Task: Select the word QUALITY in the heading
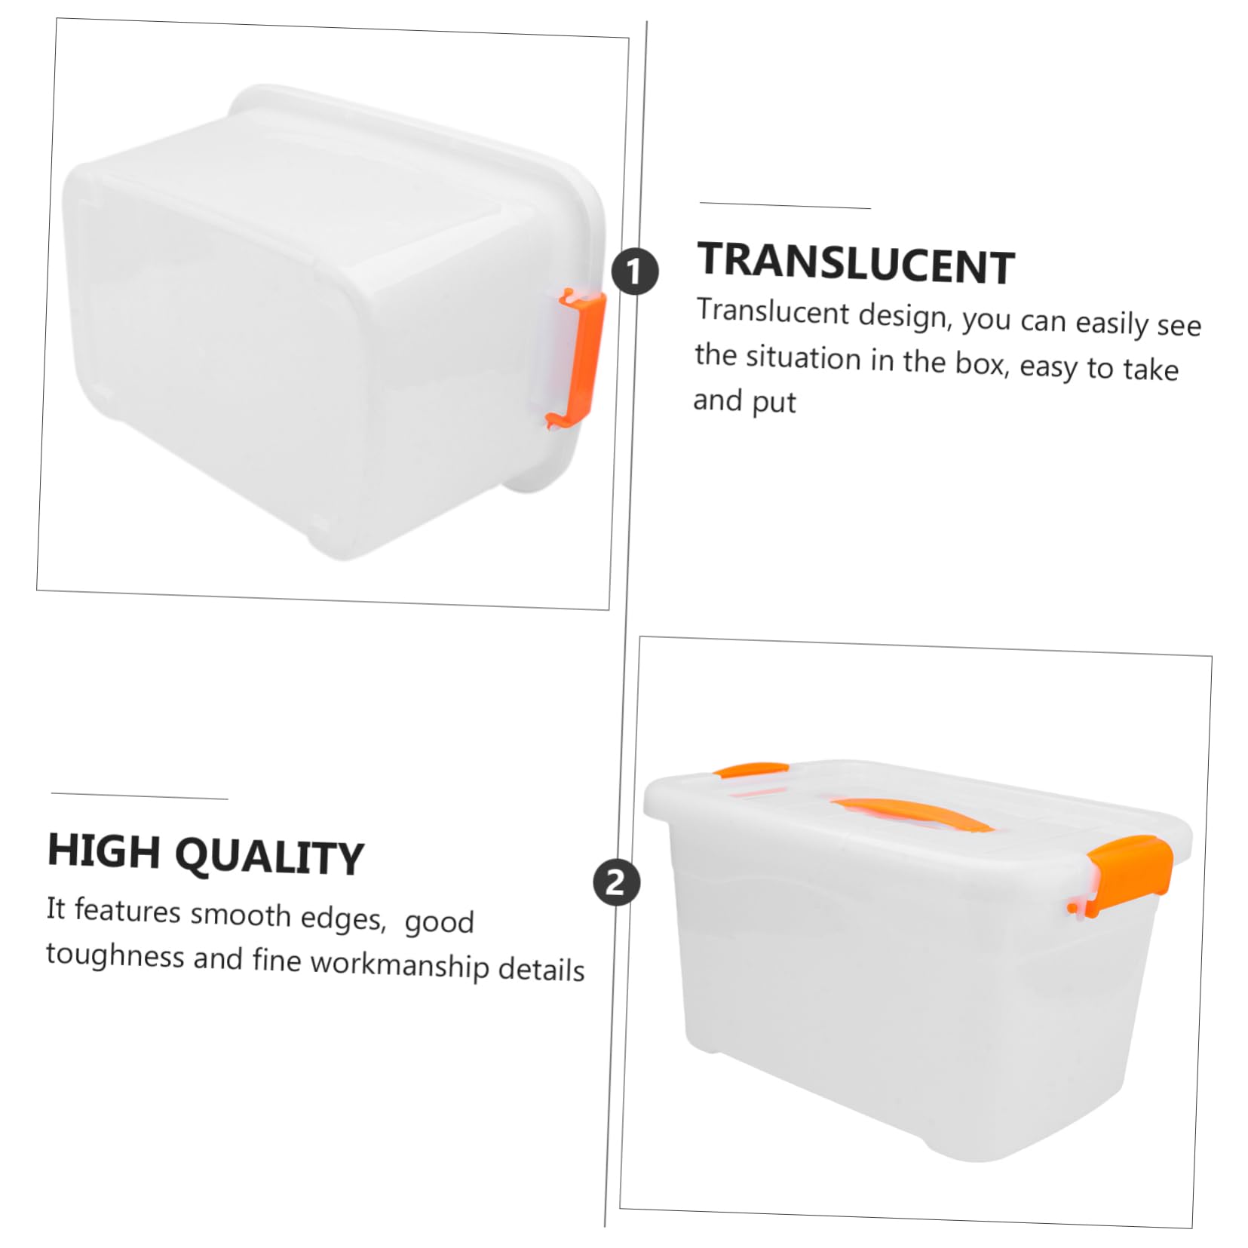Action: (x=270, y=857)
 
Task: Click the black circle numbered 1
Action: (x=634, y=271)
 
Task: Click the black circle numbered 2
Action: (x=616, y=882)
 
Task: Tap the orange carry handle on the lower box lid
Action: (x=911, y=813)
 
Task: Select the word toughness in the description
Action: (x=115, y=955)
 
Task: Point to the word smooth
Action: (x=240, y=914)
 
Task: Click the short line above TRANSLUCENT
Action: (x=784, y=205)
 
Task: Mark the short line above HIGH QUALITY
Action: (x=139, y=796)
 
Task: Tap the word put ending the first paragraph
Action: (x=774, y=403)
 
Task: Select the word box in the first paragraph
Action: (x=982, y=364)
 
